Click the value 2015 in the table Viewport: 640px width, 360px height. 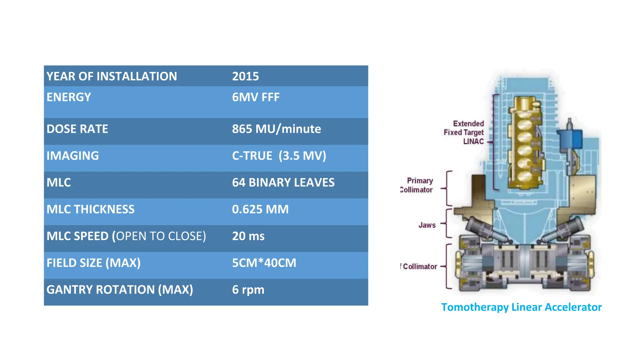coord(245,76)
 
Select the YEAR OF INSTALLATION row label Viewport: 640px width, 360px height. coord(112,76)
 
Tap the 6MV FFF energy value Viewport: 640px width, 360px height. coord(256,97)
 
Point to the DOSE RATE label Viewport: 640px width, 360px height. coord(77,129)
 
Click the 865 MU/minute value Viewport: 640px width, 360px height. coord(276,129)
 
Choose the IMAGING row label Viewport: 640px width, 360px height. coord(72,156)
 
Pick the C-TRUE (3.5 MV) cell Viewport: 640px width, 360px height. coord(279,156)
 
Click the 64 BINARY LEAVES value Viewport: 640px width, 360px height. coord(283,182)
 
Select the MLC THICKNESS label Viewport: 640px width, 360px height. coord(90,209)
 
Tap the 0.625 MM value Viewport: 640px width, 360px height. coord(260,209)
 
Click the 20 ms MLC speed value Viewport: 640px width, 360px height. coord(248,236)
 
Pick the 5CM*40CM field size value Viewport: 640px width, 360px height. coord(264,263)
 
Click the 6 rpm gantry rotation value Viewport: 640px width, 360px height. coord(248,290)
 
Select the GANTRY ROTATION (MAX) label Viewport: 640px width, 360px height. coord(120,290)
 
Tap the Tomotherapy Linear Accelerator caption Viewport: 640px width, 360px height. coord(521,307)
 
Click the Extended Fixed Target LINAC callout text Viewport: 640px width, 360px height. coord(464,132)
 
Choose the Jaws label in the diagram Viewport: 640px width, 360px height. coord(427,225)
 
